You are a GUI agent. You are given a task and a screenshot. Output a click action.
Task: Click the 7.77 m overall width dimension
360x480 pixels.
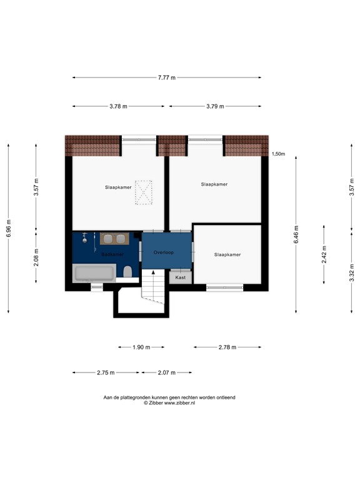(x=166, y=77)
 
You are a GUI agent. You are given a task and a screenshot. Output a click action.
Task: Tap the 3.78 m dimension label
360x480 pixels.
(x=118, y=106)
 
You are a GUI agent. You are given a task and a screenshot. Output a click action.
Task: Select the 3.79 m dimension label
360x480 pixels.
(x=215, y=106)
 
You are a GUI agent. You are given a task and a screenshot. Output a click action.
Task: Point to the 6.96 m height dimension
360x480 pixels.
(x=8, y=228)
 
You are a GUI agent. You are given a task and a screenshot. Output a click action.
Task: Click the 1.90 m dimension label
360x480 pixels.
(x=141, y=347)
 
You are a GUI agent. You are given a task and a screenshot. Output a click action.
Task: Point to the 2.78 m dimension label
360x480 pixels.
(x=227, y=347)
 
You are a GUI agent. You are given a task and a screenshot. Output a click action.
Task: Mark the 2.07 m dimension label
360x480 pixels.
(x=165, y=372)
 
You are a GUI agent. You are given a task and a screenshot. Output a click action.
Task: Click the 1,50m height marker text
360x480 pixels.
(x=278, y=153)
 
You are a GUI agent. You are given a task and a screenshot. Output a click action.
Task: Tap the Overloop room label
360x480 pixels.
(x=163, y=252)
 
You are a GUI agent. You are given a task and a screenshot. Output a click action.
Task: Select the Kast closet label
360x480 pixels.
(x=180, y=277)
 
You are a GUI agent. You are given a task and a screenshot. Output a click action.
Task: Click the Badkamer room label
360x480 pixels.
(x=112, y=254)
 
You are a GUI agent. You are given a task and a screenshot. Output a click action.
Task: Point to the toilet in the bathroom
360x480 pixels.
(x=127, y=272)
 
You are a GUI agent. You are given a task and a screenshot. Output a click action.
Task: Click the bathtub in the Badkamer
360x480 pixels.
(x=94, y=274)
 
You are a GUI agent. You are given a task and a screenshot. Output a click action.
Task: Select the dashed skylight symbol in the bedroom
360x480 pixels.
(x=144, y=192)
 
